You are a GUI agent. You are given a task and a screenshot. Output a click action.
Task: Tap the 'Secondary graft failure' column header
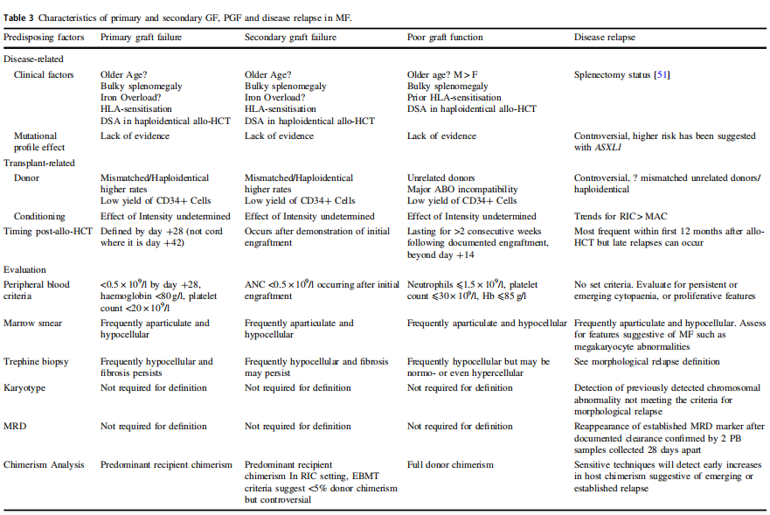pos(290,38)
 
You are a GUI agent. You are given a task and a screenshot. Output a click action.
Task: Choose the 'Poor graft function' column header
pos(445,38)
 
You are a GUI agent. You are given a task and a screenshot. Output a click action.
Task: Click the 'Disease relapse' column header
pos(605,38)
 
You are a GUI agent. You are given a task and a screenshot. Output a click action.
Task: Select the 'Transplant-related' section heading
pos(39,163)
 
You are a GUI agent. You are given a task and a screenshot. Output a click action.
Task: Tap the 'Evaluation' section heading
pos(25,270)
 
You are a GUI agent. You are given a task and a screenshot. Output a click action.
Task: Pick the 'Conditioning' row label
pos(39,216)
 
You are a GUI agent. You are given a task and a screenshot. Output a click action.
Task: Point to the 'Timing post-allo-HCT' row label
pos(49,232)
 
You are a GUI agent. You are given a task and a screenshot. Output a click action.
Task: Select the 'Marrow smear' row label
pos(34,324)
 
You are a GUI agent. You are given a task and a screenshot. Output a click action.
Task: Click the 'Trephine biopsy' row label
pos(37,361)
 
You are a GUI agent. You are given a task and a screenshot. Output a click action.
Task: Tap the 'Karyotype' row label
pos(27,387)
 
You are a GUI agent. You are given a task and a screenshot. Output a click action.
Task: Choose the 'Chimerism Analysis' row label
pos(44,464)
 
